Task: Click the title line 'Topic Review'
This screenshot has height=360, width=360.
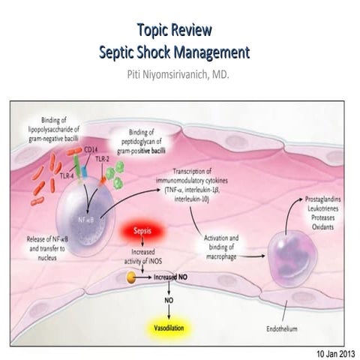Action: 174,31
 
